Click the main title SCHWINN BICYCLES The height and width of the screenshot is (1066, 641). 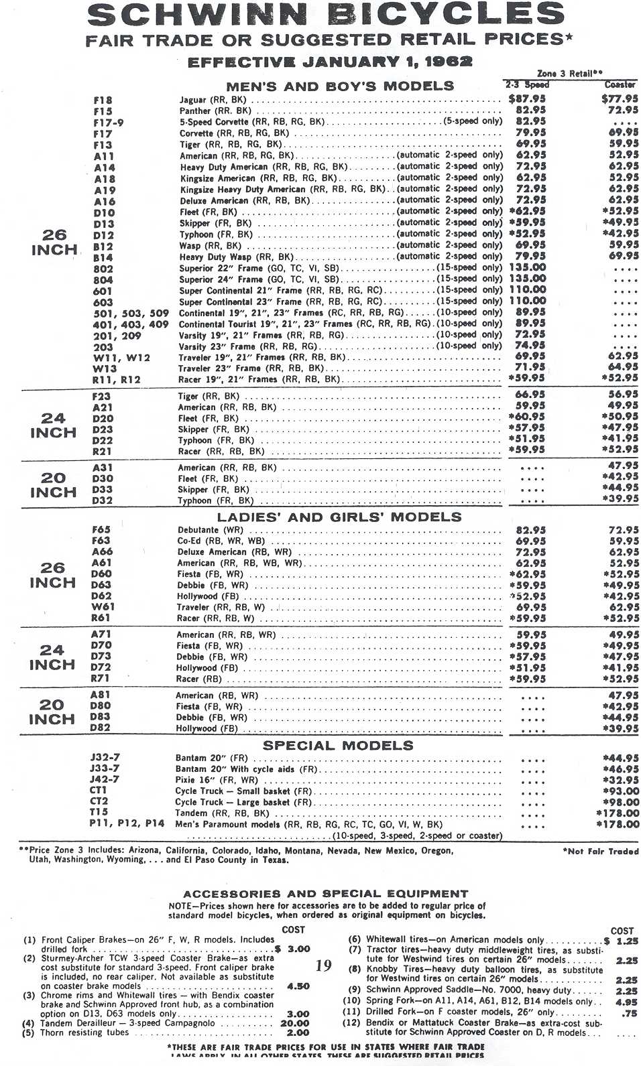(x=326, y=15)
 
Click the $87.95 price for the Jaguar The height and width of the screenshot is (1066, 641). (x=526, y=99)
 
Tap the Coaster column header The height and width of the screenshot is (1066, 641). (x=620, y=84)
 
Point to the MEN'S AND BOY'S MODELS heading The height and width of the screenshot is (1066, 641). (x=340, y=86)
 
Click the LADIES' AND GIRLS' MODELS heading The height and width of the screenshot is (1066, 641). (x=339, y=517)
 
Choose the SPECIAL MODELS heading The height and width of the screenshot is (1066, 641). (x=338, y=745)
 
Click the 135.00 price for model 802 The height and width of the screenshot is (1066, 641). (x=528, y=267)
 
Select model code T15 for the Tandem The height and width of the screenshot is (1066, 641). (x=99, y=812)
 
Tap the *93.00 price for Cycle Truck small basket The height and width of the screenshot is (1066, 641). (x=621, y=791)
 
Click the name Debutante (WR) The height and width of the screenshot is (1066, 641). (x=210, y=530)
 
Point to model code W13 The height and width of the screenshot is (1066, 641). (x=105, y=369)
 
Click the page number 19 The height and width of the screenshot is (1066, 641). (x=323, y=965)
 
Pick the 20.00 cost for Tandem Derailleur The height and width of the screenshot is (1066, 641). (x=294, y=1023)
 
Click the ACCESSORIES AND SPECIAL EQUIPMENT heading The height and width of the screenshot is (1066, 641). (x=325, y=893)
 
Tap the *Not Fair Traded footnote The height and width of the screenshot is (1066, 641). (x=601, y=851)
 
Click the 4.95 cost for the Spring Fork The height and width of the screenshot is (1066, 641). (x=627, y=1002)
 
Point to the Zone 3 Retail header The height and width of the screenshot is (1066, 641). (x=570, y=74)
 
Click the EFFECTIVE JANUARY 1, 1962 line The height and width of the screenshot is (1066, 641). (x=330, y=62)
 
